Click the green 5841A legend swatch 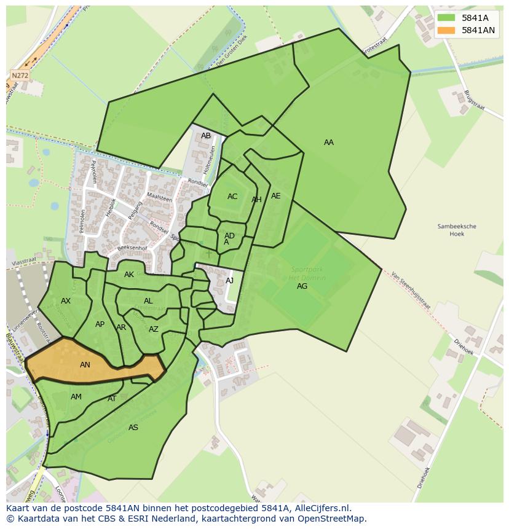pyautogui.click(x=446, y=18)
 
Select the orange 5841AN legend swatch pyautogui.click(x=446, y=30)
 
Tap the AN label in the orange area pyautogui.click(x=85, y=365)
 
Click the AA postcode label pyautogui.click(x=329, y=143)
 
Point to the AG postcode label pyautogui.click(x=302, y=286)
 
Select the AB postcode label pyautogui.click(x=206, y=136)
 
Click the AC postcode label pyautogui.click(x=232, y=197)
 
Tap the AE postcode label pyautogui.click(x=276, y=196)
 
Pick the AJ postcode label pyautogui.click(x=230, y=281)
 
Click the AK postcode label pyautogui.click(x=129, y=275)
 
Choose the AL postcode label pyautogui.click(x=148, y=301)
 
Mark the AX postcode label pyautogui.click(x=66, y=301)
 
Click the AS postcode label pyautogui.click(x=133, y=428)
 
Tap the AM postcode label pyautogui.click(x=76, y=397)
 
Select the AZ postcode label pyautogui.click(x=154, y=329)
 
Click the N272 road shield pyautogui.click(x=20, y=76)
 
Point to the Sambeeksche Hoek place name pyautogui.click(x=457, y=230)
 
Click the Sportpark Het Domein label pyautogui.click(x=307, y=273)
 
